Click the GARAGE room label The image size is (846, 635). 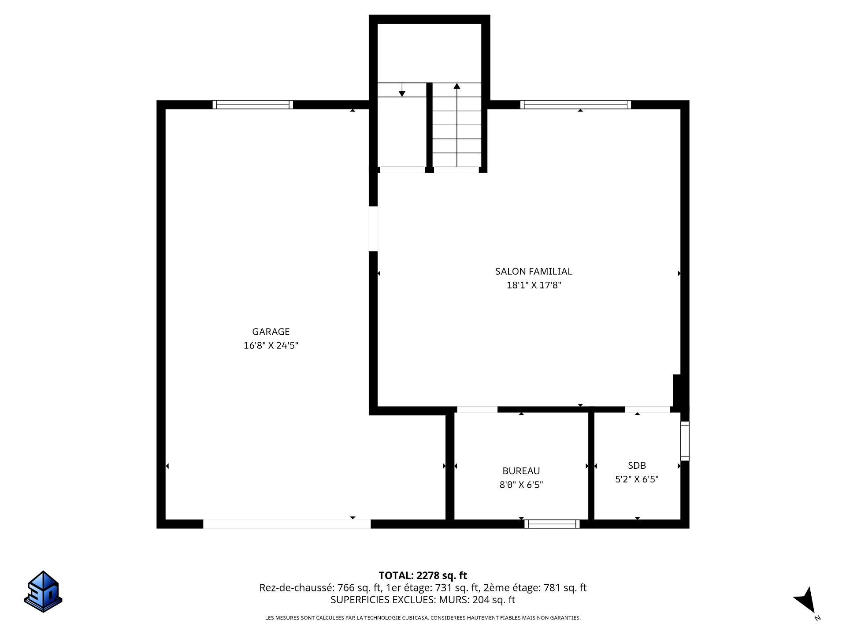pos(271,332)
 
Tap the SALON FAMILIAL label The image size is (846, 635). pos(534,272)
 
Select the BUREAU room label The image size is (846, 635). pos(521,471)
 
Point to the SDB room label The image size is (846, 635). pos(637,465)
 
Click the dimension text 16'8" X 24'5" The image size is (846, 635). pos(271,345)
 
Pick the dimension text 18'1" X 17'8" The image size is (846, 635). pos(534,285)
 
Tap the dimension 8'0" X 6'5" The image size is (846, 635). pos(521,485)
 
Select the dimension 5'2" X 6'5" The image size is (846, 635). pos(637,479)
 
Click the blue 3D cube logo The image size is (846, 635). pos(43,591)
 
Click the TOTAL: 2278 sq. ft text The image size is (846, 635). pos(423,575)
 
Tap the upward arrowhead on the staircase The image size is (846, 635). pos(457,86)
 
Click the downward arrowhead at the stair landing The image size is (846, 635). pos(402,93)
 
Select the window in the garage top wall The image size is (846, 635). pos(252,105)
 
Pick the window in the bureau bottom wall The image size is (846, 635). pos(552,524)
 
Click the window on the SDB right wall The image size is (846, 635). pos(685,441)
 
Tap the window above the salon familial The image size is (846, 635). pos(575,105)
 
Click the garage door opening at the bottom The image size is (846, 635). pos(287,524)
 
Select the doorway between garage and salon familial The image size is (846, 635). pos(373,229)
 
